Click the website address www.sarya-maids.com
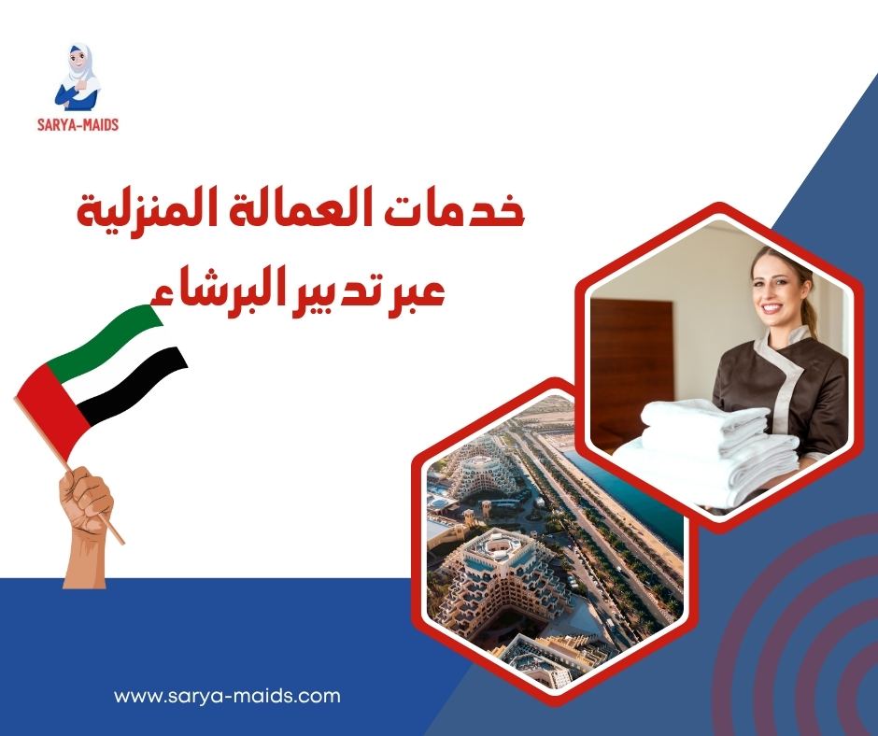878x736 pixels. click(227, 696)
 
